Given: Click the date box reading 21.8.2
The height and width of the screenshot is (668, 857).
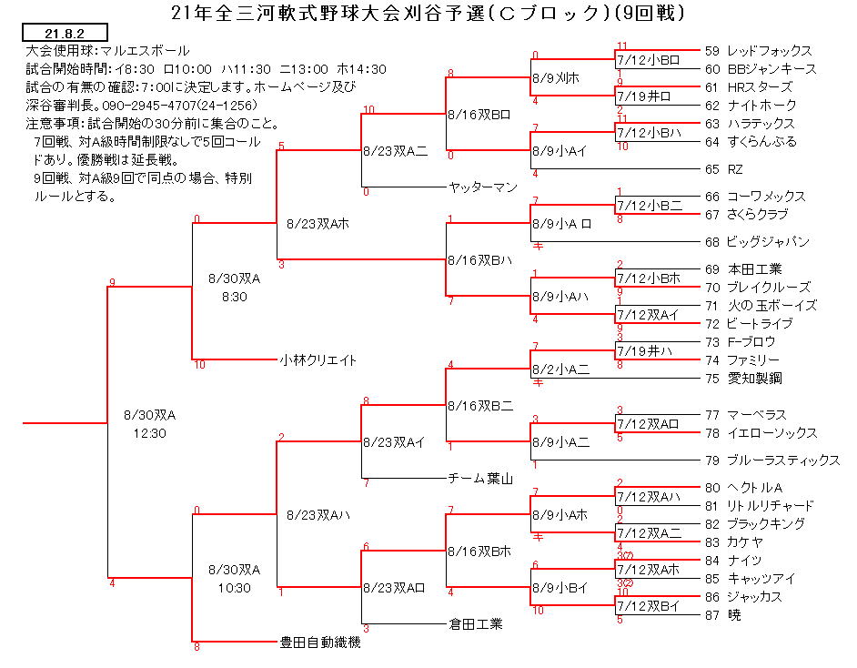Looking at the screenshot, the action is [65, 33].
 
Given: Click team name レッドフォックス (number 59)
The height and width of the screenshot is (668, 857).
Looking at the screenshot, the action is [770, 51].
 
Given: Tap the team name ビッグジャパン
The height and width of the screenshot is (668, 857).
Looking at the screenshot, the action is [768, 241].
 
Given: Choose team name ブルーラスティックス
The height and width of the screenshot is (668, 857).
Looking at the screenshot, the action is [783, 461].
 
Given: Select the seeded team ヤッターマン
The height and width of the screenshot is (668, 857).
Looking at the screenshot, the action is [482, 187].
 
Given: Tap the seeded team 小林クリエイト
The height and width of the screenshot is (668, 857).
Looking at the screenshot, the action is [318, 360].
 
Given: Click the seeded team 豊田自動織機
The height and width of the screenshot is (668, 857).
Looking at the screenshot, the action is [320, 643].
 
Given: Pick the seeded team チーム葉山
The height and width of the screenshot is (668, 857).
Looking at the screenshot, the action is [480, 479].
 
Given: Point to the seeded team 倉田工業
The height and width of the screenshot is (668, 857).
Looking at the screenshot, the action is [476, 623].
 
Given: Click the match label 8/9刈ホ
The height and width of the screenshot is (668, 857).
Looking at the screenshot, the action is [556, 78].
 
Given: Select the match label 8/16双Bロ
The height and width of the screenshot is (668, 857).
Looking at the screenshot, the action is [479, 115].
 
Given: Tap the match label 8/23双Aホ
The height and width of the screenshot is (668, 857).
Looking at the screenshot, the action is [318, 224].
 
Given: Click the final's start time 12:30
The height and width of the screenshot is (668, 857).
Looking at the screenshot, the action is [150, 433].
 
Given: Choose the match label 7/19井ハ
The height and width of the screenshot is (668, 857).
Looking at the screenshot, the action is [645, 351].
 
